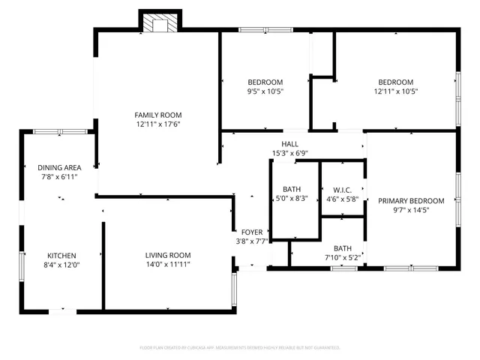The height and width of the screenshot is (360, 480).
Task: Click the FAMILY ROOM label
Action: click(x=158, y=115)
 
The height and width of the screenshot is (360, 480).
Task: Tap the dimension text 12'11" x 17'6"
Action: click(x=158, y=124)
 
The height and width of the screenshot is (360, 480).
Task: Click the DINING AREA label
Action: click(x=59, y=167)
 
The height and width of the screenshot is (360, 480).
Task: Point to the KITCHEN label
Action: click(x=62, y=256)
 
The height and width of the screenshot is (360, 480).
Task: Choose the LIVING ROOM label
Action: click(x=168, y=255)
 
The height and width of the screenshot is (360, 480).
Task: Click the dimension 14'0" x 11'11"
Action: click(x=168, y=265)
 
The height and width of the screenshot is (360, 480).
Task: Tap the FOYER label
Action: click(x=251, y=232)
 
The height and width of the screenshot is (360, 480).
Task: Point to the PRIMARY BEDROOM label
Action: click(x=411, y=201)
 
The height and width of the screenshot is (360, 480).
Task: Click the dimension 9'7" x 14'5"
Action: click(x=411, y=211)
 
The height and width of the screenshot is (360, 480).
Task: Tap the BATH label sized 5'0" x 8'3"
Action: click(x=292, y=189)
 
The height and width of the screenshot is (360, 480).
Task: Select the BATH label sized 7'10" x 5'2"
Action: click(x=343, y=248)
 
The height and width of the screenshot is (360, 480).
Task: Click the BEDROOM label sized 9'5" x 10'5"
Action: click(x=265, y=82)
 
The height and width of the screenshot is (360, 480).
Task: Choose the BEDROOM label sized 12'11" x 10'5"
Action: click(x=395, y=82)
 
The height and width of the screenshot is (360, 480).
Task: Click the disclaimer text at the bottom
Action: click(x=240, y=348)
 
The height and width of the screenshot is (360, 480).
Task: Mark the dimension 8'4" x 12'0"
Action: click(x=62, y=265)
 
